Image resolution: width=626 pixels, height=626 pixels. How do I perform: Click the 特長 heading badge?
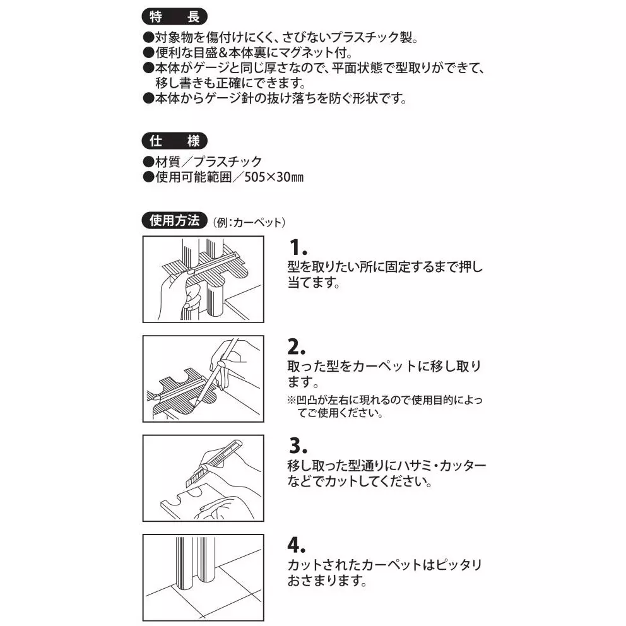[174, 17]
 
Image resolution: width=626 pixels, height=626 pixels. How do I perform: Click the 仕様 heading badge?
[174, 141]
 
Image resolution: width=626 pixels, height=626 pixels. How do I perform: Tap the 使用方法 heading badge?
[174, 220]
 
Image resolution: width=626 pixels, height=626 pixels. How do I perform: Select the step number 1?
[298, 247]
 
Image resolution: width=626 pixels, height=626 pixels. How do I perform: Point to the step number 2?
[297, 346]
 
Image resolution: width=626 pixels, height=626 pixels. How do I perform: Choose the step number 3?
[298, 446]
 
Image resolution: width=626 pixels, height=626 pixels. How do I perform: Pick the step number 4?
[297, 545]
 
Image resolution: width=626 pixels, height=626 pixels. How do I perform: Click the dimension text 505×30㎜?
[274, 177]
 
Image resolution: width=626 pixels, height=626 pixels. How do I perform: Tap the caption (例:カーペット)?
[249, 222]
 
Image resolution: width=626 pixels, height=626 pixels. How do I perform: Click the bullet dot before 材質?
[148, 162]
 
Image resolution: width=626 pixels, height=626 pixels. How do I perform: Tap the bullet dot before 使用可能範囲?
[148, 177]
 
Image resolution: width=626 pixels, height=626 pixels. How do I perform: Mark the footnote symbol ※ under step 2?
[292, 399]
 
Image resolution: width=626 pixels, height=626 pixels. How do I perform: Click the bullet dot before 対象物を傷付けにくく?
[148, 37]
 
